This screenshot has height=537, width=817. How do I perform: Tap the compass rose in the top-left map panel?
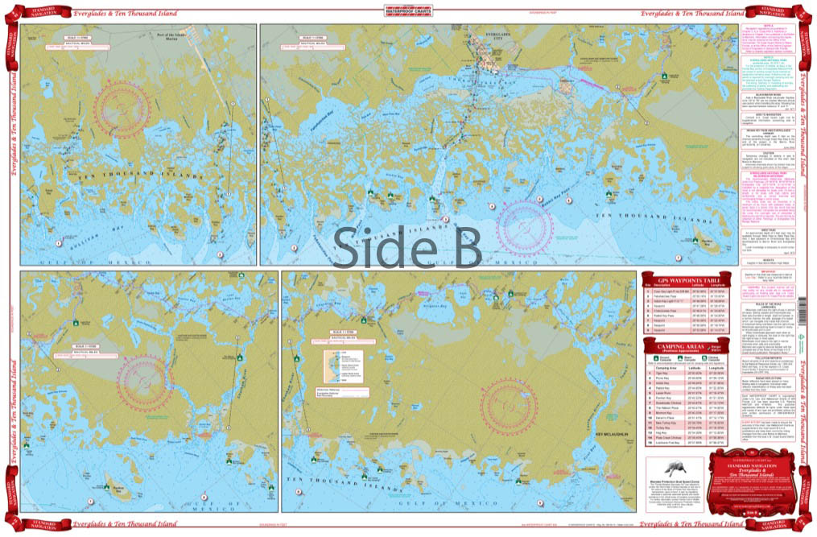pos(146,103)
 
